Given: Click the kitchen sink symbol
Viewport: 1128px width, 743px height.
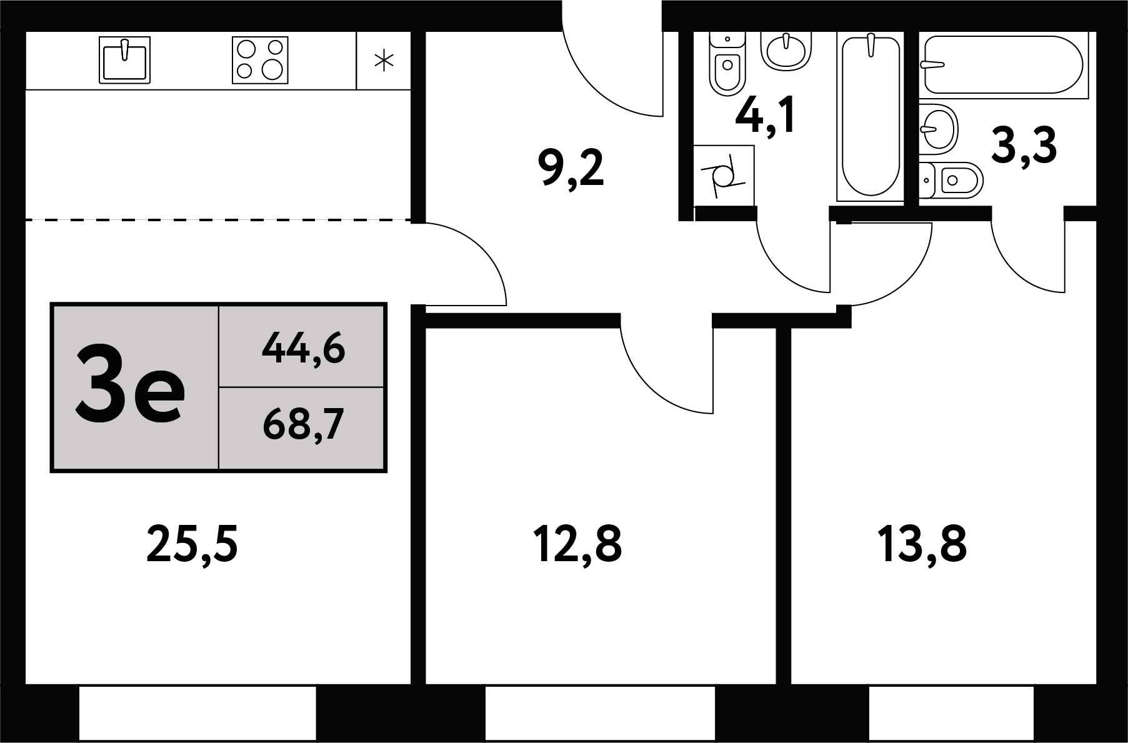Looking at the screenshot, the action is coord(125,60).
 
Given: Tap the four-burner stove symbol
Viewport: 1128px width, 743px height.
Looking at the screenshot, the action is coord(260,60).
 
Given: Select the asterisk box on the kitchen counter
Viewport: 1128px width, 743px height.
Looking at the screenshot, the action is coord(384,60).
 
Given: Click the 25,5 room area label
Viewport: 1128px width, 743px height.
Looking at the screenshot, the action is coord(192,544).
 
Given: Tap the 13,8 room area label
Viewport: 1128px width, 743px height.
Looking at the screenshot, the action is coord(922,544).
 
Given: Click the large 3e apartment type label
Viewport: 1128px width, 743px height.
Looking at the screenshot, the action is coord(130,387).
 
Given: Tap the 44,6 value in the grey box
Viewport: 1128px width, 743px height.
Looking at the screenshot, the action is coord(304,347).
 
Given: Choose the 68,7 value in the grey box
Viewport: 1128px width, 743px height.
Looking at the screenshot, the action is coord(304,425).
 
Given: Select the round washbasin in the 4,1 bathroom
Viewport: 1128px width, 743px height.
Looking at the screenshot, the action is coord(786,50).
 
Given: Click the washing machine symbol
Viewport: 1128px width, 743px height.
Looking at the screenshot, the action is coord(724,176).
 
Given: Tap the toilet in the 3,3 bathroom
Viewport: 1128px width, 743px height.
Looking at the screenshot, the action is coord(951,181).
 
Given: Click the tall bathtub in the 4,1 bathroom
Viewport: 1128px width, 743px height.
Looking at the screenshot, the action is coord(871,117).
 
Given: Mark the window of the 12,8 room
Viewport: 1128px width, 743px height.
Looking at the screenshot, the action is coord(600,714).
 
